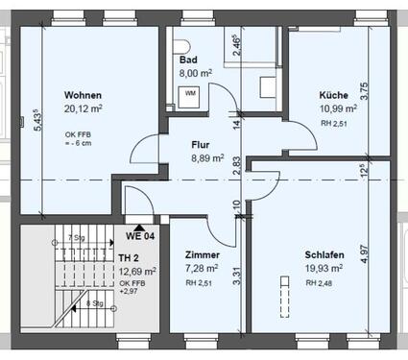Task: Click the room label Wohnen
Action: (83, 96)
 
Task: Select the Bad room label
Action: (187, 59)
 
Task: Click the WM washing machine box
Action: (190, 93)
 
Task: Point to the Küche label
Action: (334, 96)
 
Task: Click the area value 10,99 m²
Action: (339, 109)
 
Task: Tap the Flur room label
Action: (201, 145)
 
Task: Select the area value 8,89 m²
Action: (207, 158)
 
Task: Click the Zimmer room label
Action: (203, 256)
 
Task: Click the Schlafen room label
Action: (326, 256)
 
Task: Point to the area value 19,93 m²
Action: (327, 270)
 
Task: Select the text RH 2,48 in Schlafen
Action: (320, 283)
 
